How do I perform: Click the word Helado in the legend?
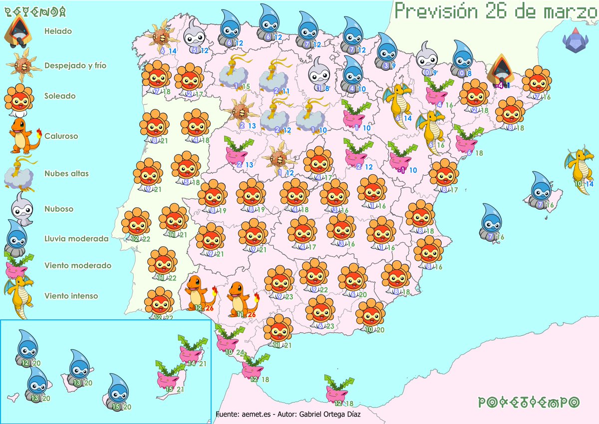click(x=58, y=31)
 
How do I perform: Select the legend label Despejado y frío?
click(x=75, y=65)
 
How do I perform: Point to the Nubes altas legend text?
click(x=66, y=174)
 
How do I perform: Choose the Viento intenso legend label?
click(x=71, y=296)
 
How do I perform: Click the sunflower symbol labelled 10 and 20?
click(x=370, y=315)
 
